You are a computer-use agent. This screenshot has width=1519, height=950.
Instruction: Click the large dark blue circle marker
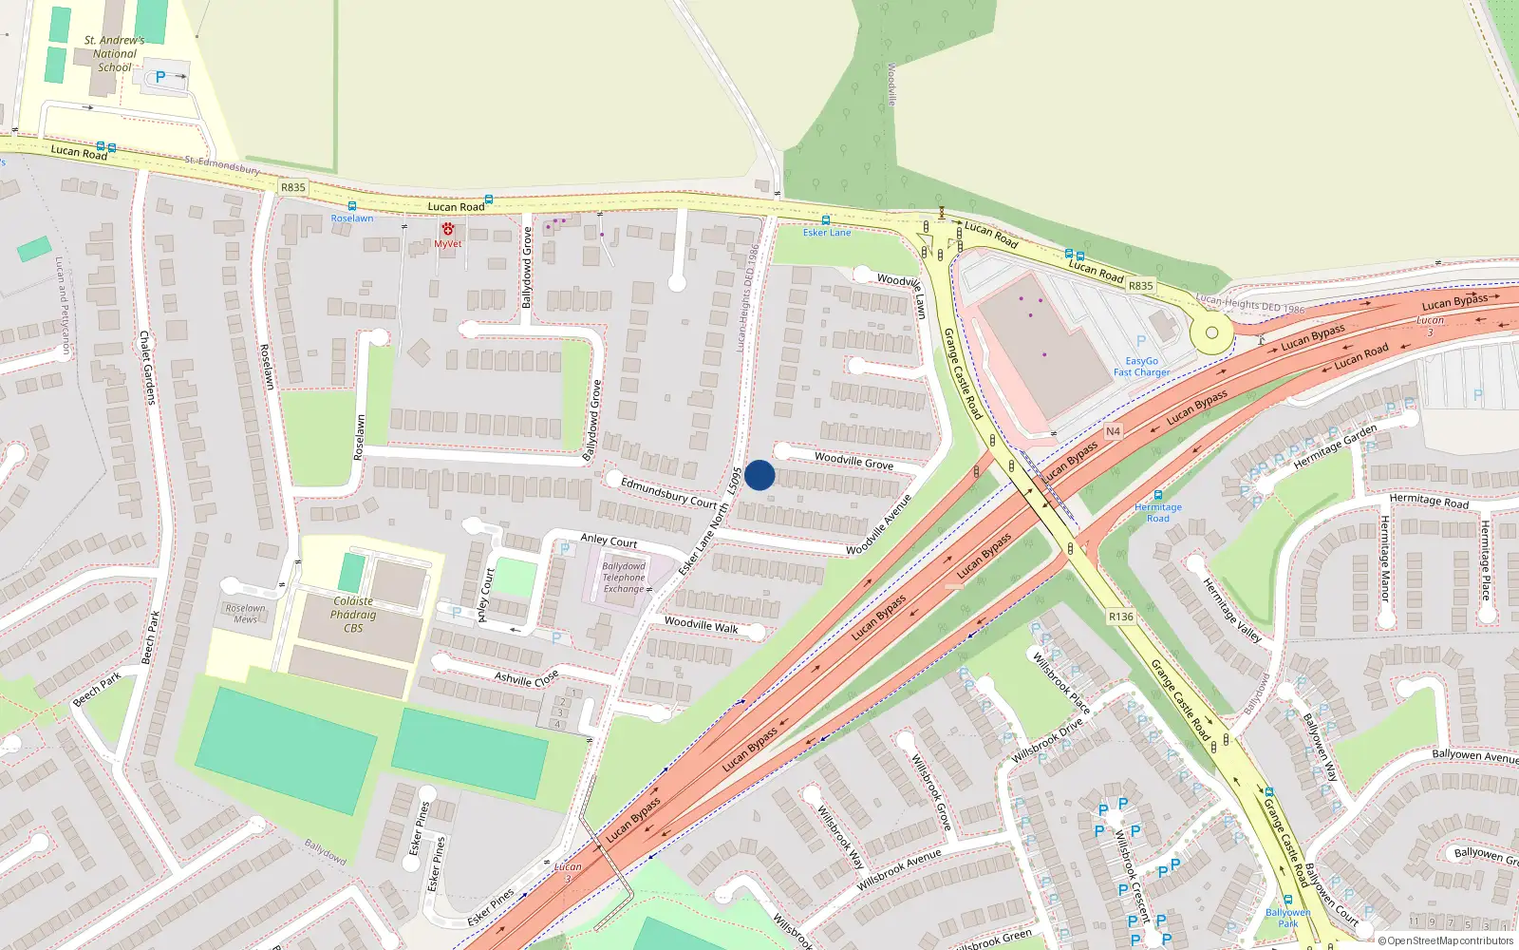759,475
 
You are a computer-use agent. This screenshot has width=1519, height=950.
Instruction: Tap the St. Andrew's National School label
114,54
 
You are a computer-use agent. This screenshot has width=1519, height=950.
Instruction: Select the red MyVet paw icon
447,229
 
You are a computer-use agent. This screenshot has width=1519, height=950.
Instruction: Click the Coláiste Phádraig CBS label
353,615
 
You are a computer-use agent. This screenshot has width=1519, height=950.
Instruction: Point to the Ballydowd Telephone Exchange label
624,578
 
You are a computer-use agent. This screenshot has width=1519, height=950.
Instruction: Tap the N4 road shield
1113,431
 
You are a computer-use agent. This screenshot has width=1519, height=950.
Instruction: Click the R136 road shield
1121,617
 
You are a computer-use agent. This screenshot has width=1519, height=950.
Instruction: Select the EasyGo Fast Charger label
1141,367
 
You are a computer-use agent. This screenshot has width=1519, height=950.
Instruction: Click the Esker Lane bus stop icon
825,219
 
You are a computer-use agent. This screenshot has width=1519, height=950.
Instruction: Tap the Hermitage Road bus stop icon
1157,495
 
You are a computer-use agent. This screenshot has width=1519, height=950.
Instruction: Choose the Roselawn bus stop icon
352,206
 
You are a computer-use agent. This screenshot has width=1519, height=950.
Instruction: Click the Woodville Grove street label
853,461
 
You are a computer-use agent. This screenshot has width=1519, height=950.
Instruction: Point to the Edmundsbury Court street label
668,492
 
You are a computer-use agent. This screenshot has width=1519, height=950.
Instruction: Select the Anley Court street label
609,541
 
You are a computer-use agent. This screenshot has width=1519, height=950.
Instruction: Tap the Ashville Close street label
526,678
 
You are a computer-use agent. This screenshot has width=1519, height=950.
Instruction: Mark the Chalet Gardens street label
147,368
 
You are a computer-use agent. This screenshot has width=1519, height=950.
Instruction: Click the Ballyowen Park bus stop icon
1287,900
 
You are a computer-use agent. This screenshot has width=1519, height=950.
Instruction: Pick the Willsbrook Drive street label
1046,741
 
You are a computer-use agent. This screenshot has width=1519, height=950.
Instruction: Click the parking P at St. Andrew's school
160,78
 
